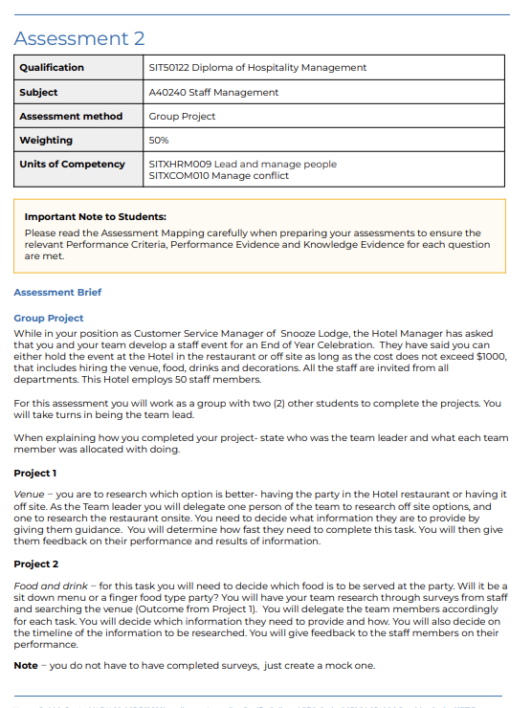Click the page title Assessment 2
click(79, 38)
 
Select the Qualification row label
click(52, 68)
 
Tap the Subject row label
click(38, 93)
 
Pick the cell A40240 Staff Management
click(213, 93)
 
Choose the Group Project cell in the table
click(182, 117)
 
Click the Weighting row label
click(46, 141)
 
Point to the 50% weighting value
click(159, 141)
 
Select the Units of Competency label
click(72, 165)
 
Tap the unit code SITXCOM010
click(179, 176)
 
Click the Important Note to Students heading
click(95, 217)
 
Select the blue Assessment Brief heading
click(57, 293)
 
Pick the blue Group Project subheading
click(49, 318)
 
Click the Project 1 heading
click(35, 474)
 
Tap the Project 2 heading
click(35, 564)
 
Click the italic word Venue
click(29, 495)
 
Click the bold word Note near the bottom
click(26, 666)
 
